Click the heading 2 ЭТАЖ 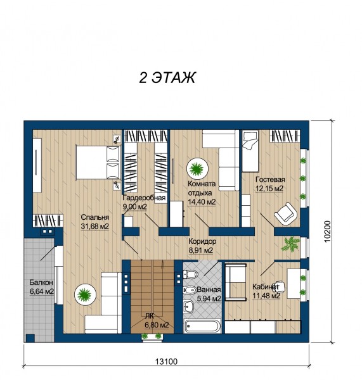pos(167,78)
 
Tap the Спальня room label pos(95,217)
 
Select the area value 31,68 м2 pos(95,226)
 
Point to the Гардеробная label pos(144,198)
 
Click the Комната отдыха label pos(202,188)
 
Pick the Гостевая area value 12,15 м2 pos(269,189)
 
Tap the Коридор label pos(202,241)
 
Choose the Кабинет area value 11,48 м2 pos(266,296)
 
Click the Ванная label pos(209,289)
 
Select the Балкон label pos(41,282)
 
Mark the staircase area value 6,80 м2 pos(157,325)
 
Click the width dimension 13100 pos(167,362)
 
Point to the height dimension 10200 pos(327,231)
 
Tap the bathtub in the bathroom pos(203,326)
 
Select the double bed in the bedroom pos(98,162)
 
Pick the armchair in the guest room pos(285,214)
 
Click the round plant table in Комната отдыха pos(197,168)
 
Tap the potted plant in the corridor pos(290,244)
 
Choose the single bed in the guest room pos(250,151)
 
